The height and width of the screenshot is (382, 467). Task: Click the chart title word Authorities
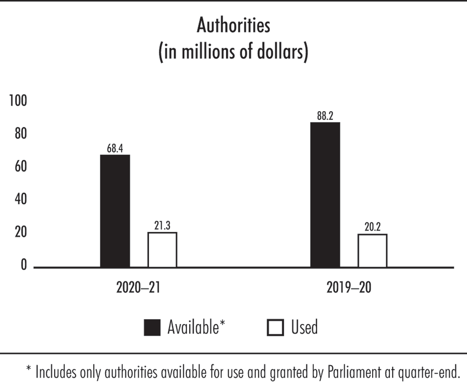[233, 26]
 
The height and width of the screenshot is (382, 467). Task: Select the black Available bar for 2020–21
[115, 211]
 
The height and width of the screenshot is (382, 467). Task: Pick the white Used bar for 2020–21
[162, 250]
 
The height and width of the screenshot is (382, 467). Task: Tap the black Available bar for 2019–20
[325, 195]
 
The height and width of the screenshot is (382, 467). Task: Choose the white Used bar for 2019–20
[372, 251]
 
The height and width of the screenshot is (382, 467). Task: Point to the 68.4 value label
[115, 148]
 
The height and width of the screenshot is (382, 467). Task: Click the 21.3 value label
[162, 225]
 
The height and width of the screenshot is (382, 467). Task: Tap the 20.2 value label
[372, 227]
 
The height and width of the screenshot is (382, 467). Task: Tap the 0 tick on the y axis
[23, 265]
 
